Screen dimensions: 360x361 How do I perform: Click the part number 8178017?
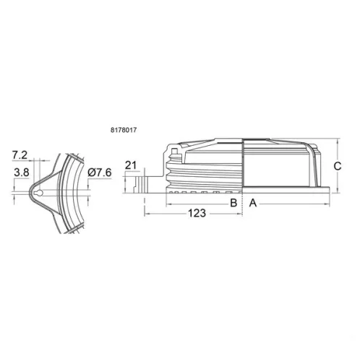[124, 130]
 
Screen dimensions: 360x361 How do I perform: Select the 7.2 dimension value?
[20, 155]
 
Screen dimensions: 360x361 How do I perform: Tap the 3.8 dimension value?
[22, 173]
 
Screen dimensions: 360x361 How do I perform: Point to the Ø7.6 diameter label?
[100, 173]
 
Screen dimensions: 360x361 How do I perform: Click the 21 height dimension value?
[131, 165]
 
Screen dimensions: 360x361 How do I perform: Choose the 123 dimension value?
[197, 213]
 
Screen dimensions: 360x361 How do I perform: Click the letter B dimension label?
[233, 203]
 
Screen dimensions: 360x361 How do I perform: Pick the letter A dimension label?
[253, 203]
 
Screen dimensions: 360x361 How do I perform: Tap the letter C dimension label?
[338, 166]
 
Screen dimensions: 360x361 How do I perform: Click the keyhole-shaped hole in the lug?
[38, 193]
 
